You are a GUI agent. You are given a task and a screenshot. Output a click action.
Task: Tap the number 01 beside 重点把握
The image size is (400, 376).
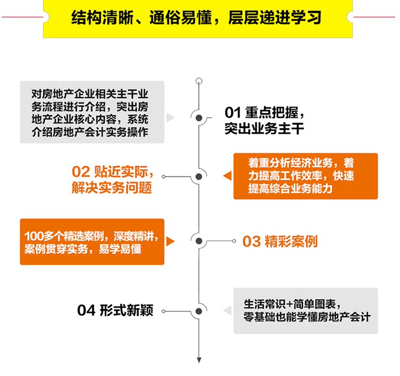coord(233,113)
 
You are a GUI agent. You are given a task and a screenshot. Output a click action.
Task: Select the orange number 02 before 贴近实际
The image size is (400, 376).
coord(81,172)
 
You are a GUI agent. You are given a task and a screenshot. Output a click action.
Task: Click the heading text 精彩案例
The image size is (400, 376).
coord(291,242)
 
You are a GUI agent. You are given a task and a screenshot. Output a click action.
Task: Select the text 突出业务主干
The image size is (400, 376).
coord(264,128)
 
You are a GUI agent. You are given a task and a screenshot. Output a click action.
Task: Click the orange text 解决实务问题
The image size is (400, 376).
coord(111,188)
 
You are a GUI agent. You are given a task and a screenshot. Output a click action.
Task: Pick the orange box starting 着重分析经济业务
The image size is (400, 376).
coord(305,176)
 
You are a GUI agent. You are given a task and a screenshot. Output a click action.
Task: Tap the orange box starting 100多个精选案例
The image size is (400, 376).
coord(92,242)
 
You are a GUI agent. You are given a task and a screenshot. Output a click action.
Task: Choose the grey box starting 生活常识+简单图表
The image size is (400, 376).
coord(305,310)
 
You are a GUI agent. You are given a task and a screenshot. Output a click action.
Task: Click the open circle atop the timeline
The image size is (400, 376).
coord(199,81)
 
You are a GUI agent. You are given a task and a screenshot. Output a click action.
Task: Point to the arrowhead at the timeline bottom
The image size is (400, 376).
coord(199,360)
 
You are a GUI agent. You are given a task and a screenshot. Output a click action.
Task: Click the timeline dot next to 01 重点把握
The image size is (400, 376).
coord(199,118)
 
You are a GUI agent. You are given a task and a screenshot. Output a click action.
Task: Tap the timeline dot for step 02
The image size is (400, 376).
coord(199,177)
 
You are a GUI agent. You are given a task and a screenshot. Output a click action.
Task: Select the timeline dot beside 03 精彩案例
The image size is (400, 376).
coord(199,242)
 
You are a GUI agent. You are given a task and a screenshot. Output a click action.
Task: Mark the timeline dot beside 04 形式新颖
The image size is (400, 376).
coord(199,310)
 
